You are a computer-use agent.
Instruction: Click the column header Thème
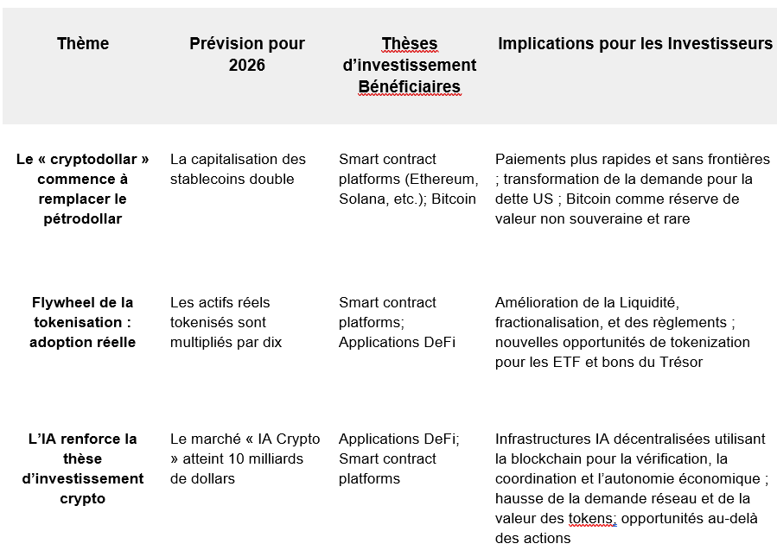[83, 43]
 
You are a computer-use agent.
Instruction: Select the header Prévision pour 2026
[246, 54]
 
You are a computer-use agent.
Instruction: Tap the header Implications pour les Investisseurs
[634, 43]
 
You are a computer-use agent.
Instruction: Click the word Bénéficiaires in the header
[409, 86]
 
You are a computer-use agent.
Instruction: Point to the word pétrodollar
[83, 218]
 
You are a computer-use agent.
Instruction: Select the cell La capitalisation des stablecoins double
[238, 169]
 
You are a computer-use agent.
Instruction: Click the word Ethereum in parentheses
[443, 179]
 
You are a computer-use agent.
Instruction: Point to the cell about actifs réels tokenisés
[226, 322]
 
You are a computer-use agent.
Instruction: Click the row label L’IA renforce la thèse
[83, 468]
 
